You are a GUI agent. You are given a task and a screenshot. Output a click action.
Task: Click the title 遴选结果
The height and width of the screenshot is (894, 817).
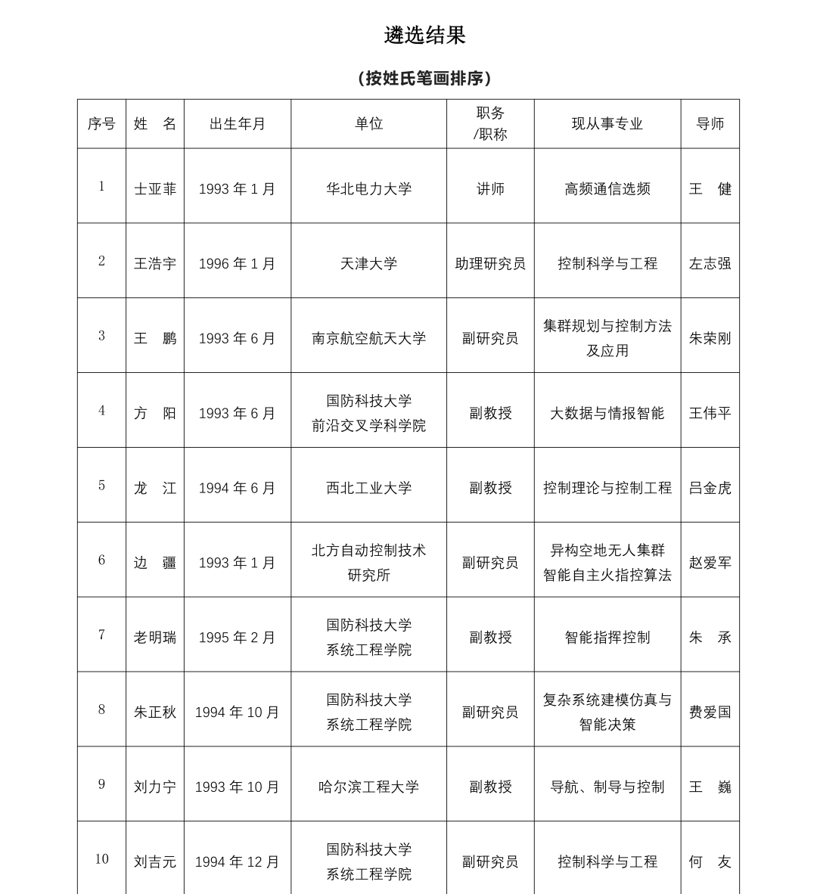424,35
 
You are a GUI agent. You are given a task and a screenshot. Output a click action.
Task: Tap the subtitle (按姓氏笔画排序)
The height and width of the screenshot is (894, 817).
424,78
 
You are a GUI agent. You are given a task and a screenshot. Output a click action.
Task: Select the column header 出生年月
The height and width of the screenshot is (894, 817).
238,124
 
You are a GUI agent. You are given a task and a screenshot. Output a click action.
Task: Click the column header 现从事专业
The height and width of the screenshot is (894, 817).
607,124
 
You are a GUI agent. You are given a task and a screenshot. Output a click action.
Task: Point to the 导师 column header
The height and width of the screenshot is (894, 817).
710,124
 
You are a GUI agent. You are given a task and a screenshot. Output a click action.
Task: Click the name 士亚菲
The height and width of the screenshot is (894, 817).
154,189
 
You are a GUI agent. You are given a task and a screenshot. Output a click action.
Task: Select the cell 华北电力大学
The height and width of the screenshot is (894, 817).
368,189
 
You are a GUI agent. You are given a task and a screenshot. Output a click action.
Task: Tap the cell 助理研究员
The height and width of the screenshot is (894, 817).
490,264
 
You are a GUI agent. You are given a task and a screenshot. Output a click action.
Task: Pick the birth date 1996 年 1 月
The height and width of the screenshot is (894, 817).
238,264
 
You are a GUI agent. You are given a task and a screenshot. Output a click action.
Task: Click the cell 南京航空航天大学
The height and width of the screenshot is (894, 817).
368,338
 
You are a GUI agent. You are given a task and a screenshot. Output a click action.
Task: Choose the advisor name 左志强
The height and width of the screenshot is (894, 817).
710,264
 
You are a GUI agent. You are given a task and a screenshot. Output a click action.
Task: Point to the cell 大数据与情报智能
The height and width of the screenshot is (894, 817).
607,413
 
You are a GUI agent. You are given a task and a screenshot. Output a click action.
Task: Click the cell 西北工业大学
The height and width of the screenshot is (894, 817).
368,488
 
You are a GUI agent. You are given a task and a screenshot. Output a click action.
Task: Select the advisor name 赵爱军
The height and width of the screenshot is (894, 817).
710,563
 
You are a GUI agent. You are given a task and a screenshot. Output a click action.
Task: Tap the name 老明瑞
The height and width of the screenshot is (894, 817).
154,638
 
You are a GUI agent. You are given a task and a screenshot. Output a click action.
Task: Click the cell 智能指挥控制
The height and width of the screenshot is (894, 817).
607,638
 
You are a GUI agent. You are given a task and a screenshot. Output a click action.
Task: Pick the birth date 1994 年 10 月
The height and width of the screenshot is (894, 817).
238,712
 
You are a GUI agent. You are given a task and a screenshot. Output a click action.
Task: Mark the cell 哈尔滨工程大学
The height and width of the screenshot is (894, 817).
368,787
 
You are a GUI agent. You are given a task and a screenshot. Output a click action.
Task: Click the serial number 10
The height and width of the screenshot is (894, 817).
101,859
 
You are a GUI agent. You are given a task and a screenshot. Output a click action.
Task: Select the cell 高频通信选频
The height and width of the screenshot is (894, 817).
607,189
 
